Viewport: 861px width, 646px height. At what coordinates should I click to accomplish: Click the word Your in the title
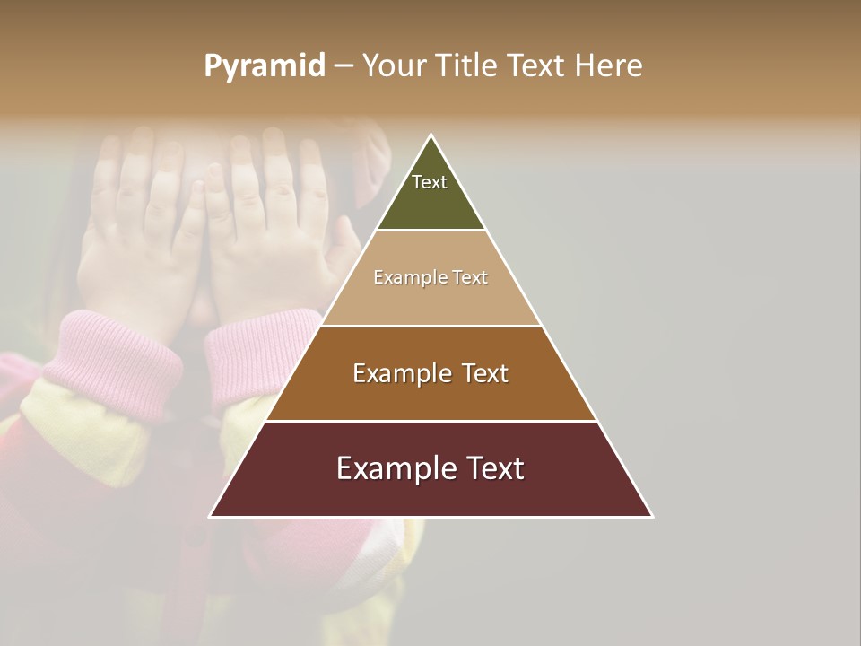pos(395,65)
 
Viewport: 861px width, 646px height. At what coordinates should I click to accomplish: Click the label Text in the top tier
pos(430,182)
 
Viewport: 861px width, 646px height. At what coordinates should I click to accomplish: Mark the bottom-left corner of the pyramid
pos(211,517)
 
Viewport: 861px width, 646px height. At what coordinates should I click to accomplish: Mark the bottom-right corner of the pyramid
pos(652,517)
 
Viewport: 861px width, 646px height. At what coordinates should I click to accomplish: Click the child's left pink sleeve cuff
pos(112,359)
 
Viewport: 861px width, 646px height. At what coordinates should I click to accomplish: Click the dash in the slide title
pos(343,66)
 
